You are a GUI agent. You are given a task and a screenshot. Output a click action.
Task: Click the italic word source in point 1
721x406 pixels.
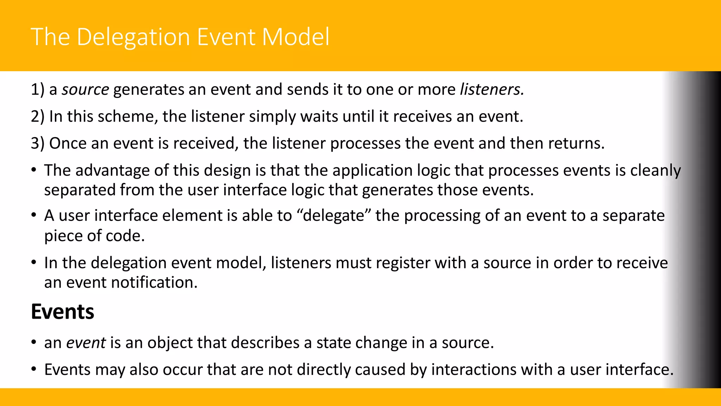click(x=85, y=90)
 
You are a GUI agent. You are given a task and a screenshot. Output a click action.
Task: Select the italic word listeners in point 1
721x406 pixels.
click(x=491, y=90)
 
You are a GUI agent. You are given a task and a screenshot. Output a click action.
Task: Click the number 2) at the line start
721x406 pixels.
click(x=38, y=117)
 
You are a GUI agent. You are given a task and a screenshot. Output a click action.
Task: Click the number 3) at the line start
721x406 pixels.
click(x=38, y=143)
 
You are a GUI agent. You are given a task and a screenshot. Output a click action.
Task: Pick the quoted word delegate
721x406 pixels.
click(x=333, y=216)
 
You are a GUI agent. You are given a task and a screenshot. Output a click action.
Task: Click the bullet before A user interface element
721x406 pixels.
click(x=34, y=215)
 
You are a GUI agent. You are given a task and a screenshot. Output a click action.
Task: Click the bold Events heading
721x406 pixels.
click(x=63, y=312)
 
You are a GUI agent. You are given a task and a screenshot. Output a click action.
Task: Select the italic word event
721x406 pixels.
click(x=86, y=343)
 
